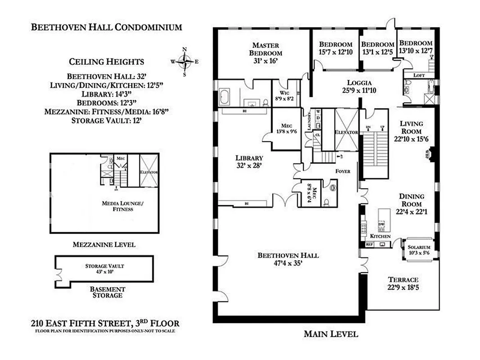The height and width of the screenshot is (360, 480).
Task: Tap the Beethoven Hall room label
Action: point(288,259)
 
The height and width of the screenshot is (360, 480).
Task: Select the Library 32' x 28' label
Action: point(249,162)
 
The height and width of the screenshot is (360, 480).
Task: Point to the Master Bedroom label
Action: point(265,53)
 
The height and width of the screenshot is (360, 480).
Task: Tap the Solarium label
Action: point(419,250)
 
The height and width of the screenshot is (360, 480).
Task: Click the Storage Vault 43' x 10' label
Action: point(104,269)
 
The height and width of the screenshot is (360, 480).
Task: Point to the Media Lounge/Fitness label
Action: point(117,206)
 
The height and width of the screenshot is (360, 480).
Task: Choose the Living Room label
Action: point(412,130)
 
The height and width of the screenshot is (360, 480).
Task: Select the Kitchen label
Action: point(380,236)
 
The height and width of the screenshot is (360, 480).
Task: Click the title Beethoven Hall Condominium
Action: point(106,27)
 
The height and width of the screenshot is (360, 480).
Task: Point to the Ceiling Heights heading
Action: point(106,62)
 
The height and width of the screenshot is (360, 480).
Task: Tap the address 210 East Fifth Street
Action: point(105,323)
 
